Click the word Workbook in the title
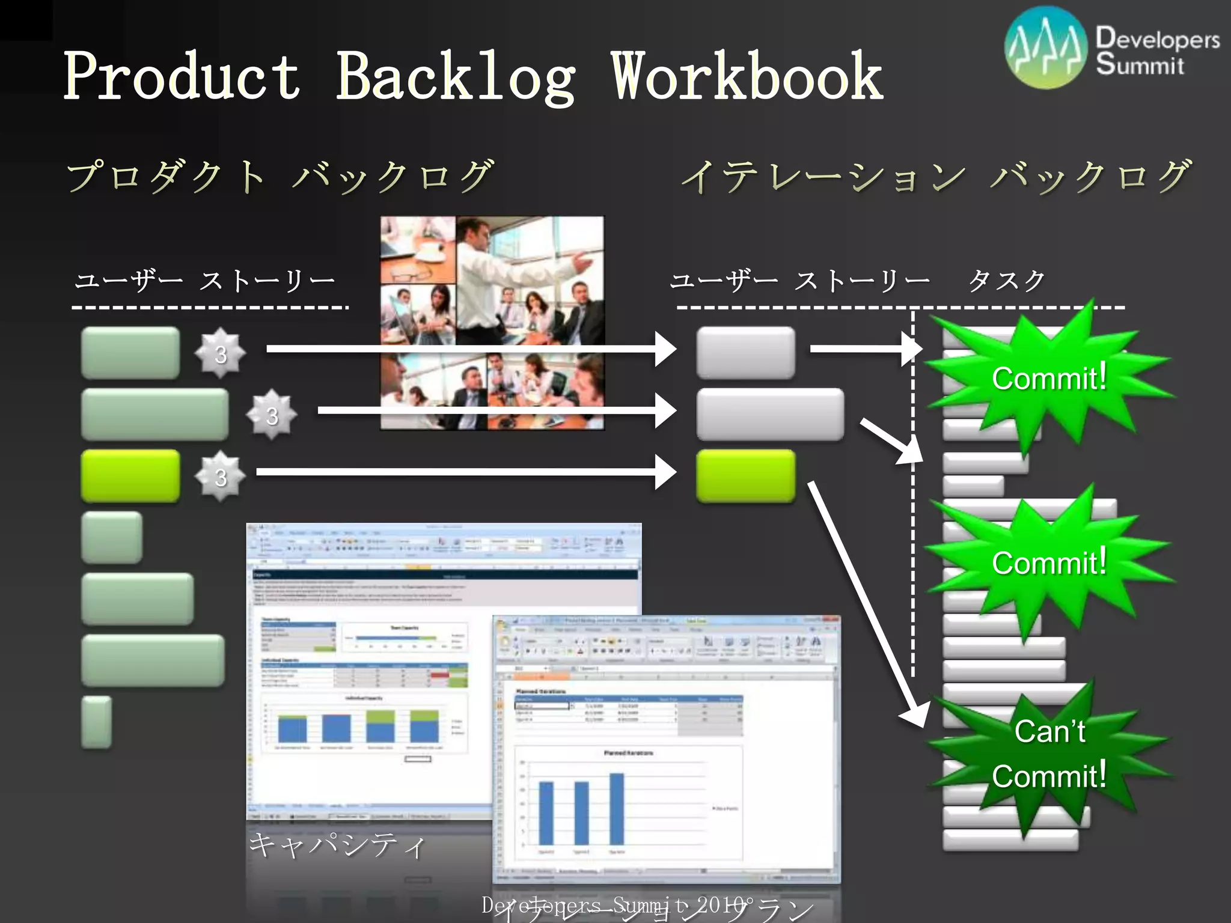click(747, 76)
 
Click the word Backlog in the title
click(455, 76)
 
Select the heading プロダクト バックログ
click(279, 177)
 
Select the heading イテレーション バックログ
click(935, 177)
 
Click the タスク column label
click(1006, 281)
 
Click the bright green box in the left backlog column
click(130, 475)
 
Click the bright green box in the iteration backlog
click(745, 475)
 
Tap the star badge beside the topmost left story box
click(221, 353)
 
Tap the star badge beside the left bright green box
click(221, 477)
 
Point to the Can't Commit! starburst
click(1049, 754)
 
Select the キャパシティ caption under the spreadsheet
click(337, 845)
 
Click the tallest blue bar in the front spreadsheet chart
click(617, 809)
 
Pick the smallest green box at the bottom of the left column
click(97, 722)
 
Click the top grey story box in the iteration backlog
click(745, 353)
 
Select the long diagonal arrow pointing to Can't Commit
click(866, 601)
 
